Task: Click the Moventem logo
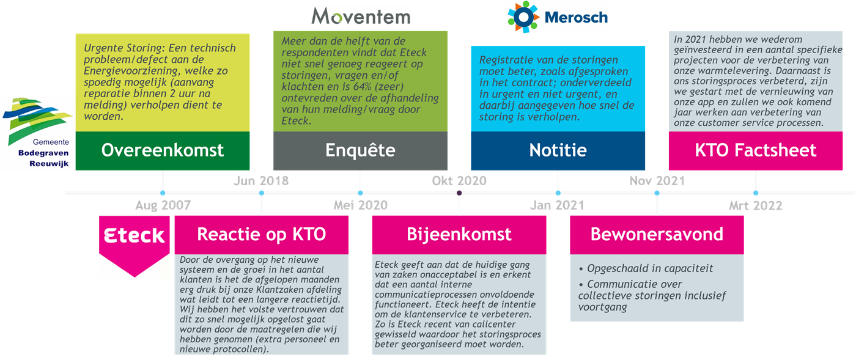point(360,16)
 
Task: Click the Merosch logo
point(557,17)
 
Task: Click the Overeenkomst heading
point(162,150)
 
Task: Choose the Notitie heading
point(558,150)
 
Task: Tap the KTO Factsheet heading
point(756,150)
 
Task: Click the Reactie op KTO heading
point(261,234)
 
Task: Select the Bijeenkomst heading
point(459,234)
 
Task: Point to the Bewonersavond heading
point(657,234)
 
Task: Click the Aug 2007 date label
point(163,205)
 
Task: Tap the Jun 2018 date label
point(261,181)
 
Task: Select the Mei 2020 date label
point(360,205)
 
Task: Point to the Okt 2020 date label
point(459,181)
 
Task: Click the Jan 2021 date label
point(557,205)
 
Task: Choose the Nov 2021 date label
point(657,181)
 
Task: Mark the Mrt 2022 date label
point(756,205)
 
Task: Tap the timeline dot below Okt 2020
point(459,193)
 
